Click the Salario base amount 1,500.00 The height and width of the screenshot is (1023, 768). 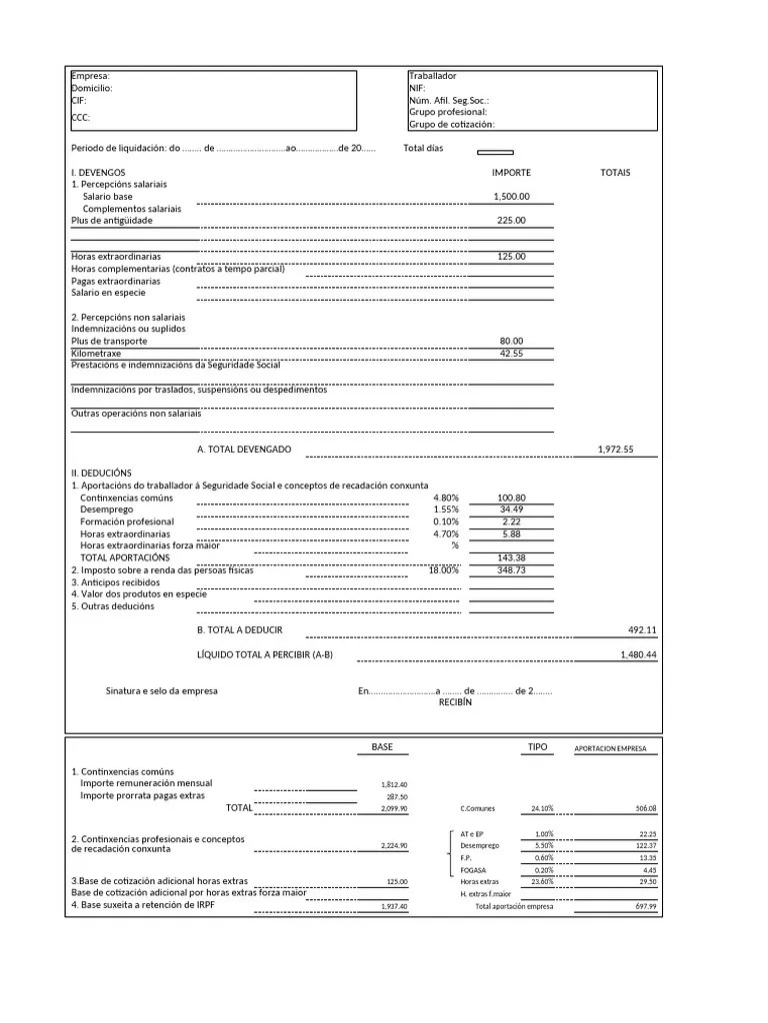click(x=512, y=197)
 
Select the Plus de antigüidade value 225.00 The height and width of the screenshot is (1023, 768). click(x=511, y=221)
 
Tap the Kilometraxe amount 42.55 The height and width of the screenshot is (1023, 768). click(x=511, y=354)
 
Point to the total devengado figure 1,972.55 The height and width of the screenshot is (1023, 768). click(x=616, y=450)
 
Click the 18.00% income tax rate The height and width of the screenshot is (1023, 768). click(x=443, y=570)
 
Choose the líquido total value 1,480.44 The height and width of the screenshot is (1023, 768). click(x=638, y=654)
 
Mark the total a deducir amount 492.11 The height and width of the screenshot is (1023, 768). click(x=641, y=630)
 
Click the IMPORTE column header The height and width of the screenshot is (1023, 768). click(x=511, y=173)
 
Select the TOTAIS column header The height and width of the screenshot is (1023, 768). click(x=615, y=173)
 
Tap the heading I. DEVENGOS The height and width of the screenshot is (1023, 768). click(x=98, y=173)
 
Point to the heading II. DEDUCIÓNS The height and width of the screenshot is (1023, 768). click(x=101, y=474)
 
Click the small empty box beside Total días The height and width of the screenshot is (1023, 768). click(x=495, y=152)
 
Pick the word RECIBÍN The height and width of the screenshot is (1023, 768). click(x=455, y=702)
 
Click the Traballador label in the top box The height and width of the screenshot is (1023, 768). click(x=432, y=76)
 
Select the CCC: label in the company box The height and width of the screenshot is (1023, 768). click(x=81, y=118)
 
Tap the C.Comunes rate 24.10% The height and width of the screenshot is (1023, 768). click(x=541, y=808)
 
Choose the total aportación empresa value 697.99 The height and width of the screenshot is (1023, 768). click(x=646, y=906)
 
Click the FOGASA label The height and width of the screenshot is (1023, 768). click(x=473, y=870)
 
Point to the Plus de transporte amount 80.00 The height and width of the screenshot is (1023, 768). click(x=511, y=342)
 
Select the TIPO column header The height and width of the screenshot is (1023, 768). click(x=538, y=747)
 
